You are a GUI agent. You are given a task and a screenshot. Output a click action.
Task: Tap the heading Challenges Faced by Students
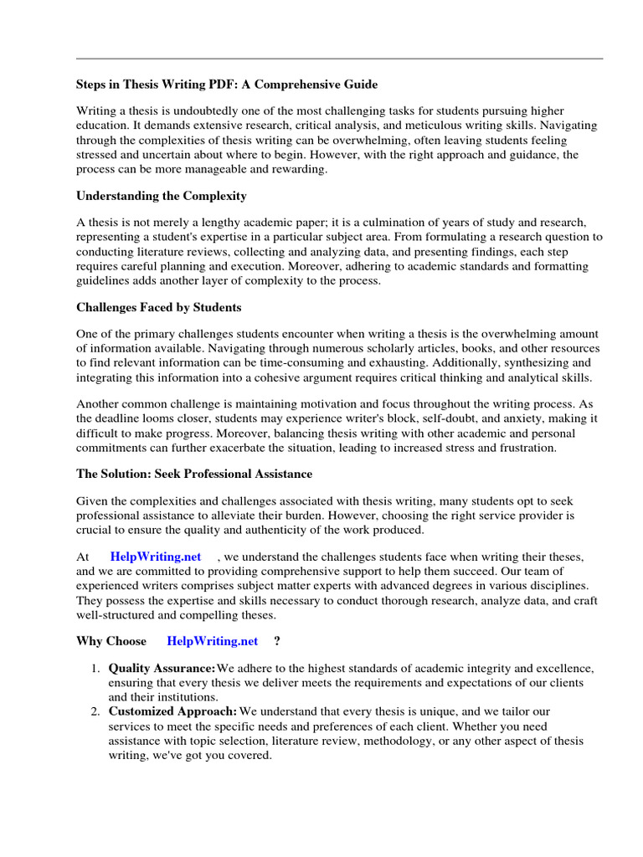159,307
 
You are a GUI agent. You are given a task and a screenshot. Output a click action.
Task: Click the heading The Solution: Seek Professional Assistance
194,474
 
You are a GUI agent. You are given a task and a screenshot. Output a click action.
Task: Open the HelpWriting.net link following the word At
156,557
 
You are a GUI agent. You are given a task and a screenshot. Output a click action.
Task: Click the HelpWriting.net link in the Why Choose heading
213,641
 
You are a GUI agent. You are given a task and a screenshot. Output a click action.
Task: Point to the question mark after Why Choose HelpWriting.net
277,641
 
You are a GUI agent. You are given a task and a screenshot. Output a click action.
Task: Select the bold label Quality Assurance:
162,668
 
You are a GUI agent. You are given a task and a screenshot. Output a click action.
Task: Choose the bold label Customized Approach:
172,711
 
